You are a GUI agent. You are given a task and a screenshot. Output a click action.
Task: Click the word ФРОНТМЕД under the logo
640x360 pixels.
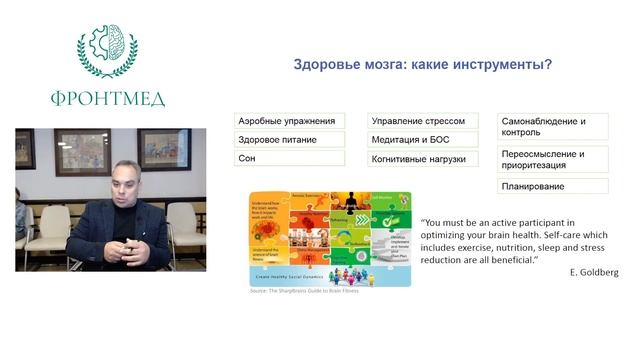point(108,98)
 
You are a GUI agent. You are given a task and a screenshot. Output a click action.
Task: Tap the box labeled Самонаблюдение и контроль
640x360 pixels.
point(553,127)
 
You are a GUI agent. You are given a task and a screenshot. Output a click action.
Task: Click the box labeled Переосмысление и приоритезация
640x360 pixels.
point(553,160)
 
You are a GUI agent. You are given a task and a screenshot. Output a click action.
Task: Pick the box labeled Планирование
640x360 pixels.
point(553,187)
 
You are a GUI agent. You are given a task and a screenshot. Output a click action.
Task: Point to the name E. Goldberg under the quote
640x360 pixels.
point(593,272)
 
